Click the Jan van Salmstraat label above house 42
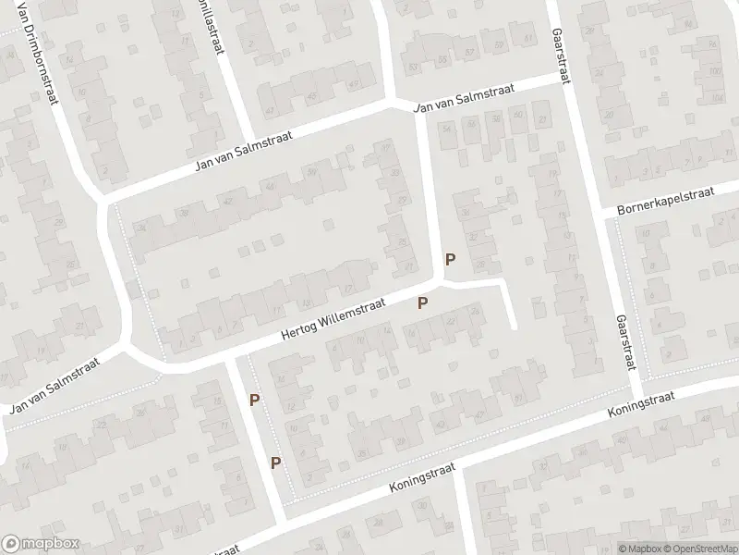tap(245, 152)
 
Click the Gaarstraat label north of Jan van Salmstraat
tap(558, 42)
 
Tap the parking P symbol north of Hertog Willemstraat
tap(450, 260)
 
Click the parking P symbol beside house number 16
tap(423, 302)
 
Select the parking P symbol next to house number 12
tap(254, 400)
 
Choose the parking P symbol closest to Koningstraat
tap(275, 462)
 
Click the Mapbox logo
tap(40, 544)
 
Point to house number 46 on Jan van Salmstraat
tap(270, 186)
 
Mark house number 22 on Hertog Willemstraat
tap(452, 320)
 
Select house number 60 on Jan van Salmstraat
tap(516, 115)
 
